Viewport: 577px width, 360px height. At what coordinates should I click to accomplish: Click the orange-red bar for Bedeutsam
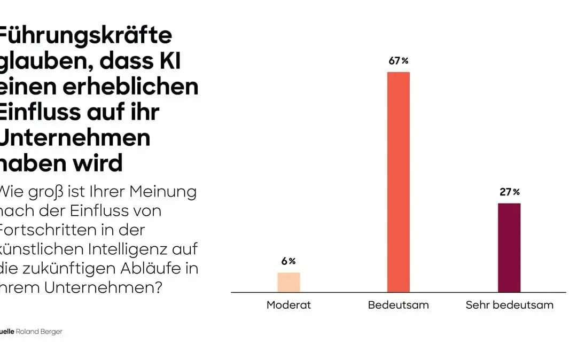(398, 182)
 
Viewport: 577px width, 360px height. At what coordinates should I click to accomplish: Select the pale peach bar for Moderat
(288, 283)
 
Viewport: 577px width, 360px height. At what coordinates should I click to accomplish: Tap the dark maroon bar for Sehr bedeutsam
(509, 248)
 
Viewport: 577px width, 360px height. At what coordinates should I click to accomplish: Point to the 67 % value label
(398, 61)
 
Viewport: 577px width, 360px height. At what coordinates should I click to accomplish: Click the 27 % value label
(509, 192)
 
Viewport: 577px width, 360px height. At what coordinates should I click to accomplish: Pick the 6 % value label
(288, 261)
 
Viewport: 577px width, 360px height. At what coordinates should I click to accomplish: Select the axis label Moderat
(288, 306)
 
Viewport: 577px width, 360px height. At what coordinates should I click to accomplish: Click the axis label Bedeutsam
(398, 306)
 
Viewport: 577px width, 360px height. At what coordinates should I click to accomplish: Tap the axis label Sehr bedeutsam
(509, 306)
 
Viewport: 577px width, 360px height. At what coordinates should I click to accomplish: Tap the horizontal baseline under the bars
(398, 293)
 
